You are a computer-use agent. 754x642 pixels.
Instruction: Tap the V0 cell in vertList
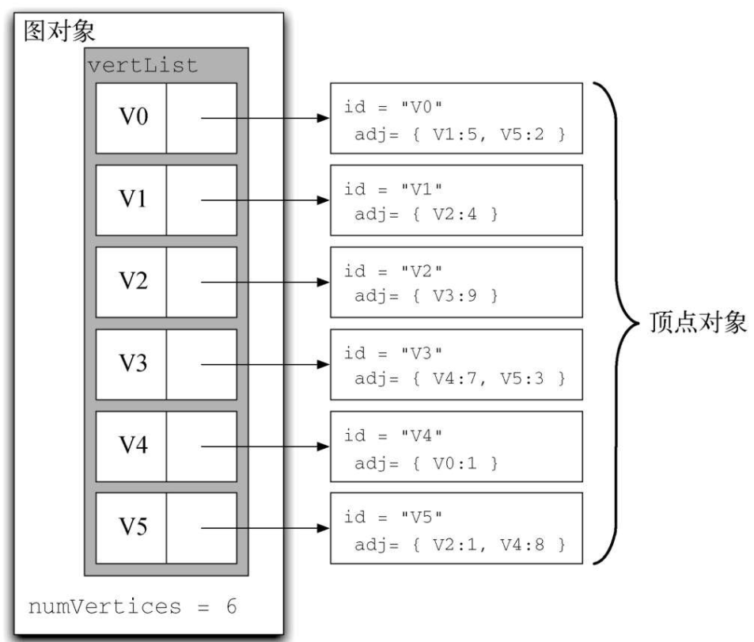coord(131,118)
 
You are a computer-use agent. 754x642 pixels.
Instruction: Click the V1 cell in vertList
coord(131,200)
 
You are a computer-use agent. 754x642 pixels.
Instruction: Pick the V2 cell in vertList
coord(131,283)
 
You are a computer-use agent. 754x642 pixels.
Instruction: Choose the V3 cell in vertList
coord(131,365)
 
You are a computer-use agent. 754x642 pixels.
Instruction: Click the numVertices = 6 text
coord(133,608)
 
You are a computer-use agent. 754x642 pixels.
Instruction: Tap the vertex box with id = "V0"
coord(457,118)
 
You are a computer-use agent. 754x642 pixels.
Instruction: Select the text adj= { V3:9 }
coord(426,297)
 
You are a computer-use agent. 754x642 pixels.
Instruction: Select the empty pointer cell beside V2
coord(201,283)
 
